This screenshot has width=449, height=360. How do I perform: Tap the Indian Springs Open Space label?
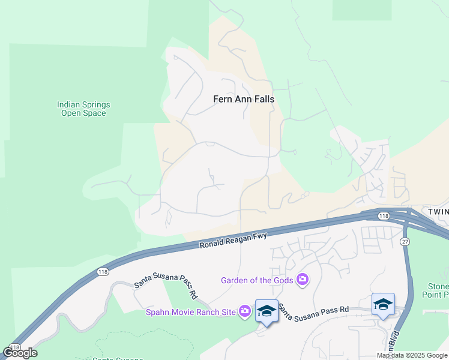pyautogui.click(x=83, y=109)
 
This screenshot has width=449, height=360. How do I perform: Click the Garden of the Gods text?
pyautogui.click(x=256, y=280)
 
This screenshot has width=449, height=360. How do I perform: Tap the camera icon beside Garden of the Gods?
pyautogui.click(x=303, y=280)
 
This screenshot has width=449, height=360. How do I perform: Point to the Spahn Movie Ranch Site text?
pyautogui.click(x=191, y=311)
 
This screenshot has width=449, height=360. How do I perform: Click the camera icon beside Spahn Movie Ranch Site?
pyautogui.click(x=244, y=311)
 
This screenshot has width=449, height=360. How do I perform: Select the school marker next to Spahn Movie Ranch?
pyautogui.click(x=267, y=311)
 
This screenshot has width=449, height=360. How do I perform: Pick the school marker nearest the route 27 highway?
pyautogui.click(x=383, y=305)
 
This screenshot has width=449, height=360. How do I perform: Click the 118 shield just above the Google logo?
pyautogui.click(x=15, y=347)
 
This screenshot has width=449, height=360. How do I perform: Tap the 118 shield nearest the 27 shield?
pyautogui.click(x=384, y=216)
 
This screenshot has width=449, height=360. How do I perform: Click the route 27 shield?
pyautogui.click(x=405, y=241)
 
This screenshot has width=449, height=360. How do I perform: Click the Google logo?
pyautogui.click(x=20, y=353)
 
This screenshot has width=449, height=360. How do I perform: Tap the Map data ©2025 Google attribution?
pyautogui.click(x=412, y=355)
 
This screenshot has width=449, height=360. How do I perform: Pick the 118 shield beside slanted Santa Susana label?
pyautogui.click(x=102, y=272)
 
